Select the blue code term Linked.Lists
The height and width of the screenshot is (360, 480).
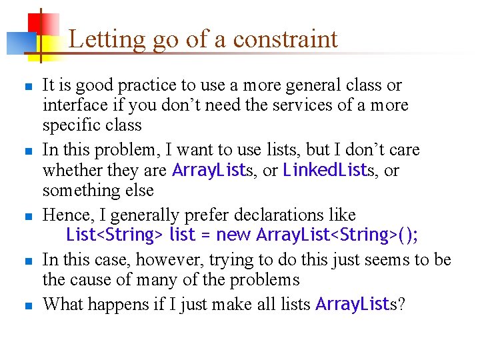pos(325,170)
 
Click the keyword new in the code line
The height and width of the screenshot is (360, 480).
pos(234,235)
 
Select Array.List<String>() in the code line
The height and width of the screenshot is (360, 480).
pos(336,235)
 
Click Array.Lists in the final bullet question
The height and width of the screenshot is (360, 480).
pos(353,305)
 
